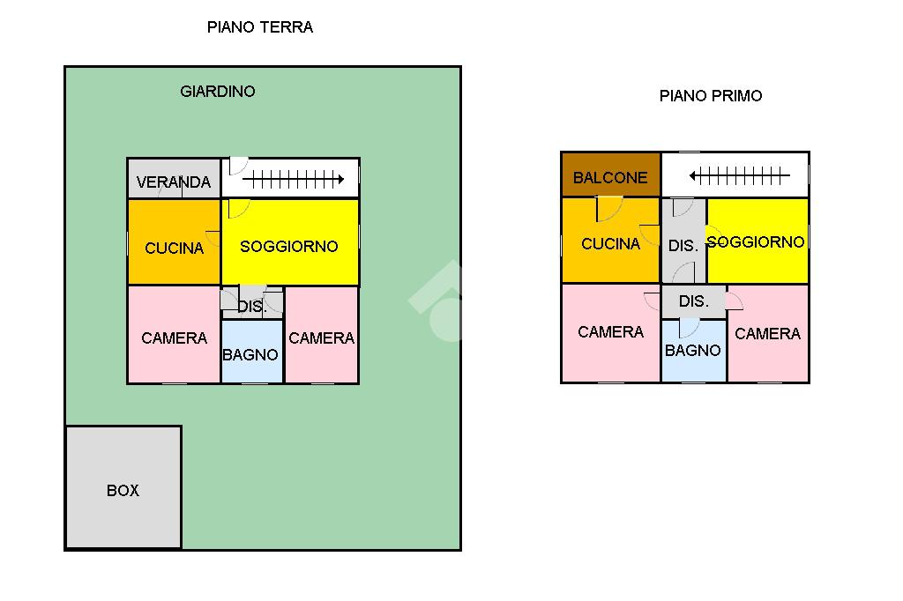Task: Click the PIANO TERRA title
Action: pyautogui.click(x=259, y=27)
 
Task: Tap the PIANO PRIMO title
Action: pyautogui.click(x=710, y=96)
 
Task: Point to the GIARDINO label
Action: pyautogui.click(x=218, y=91)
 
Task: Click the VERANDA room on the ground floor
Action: pyautogui.click(x=173, y=180)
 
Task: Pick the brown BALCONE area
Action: pyautogui.click(x=610, y=176)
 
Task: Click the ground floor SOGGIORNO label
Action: pyautogui.click(x=289, y=247)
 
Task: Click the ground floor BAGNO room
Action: pyautogui.click(x=250, y=354)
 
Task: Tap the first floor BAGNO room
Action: pyautogui.click(x=693, y=350)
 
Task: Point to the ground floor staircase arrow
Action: pyautogui.click(x=293, y=180)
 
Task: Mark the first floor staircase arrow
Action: pyautogui.click(x=739, y=176)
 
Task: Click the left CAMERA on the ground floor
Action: pyautogui.click(x=174, y=338)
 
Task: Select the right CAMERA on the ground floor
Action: pyautogui.click(x=322, y=338)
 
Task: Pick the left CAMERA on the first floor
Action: pyautogui.click(x=610, y=332)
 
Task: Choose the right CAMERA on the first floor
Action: pyautogui.click(x=767, y=334)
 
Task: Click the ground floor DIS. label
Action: pyautogui.click(x=252, y=307)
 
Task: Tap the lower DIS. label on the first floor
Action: pyautogui.click(x=693, y=301)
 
